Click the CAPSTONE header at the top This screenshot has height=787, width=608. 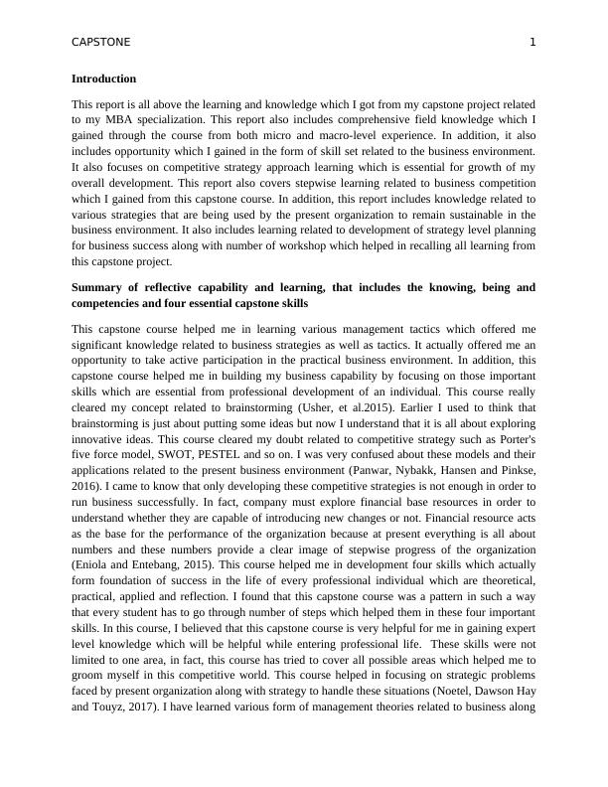(x=101, y=42)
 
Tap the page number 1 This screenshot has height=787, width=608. (x=532, y=42)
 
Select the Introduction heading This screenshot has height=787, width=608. (x=104, y=79)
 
